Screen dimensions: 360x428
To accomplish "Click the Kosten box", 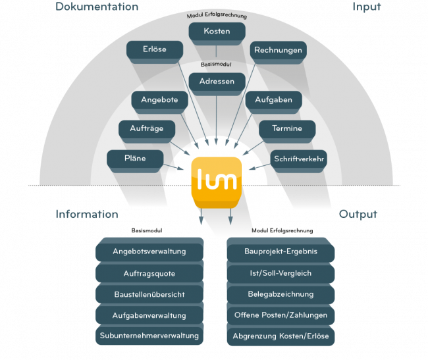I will (216, 32).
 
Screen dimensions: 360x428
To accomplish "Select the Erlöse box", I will (155, 49).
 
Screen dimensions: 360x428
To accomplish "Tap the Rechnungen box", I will (278, 50).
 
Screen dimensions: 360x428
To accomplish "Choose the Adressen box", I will (216, 82).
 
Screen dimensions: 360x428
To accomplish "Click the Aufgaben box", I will (273, 100).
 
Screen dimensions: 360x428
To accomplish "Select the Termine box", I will (286, 128).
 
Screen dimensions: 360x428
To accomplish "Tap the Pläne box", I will (135, 158).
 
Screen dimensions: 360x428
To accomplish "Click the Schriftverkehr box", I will (298, 158).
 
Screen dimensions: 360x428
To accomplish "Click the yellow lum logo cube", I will (216, 177).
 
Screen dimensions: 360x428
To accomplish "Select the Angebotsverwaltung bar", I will (149, 251).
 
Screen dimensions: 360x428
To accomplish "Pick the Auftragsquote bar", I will (149, 273).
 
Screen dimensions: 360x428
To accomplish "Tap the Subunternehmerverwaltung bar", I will (149, 336).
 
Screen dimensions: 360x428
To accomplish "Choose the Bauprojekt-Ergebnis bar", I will (281, 251).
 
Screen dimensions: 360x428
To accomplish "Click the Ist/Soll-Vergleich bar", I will (281, 273).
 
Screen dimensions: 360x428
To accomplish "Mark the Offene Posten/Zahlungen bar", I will (281, 315).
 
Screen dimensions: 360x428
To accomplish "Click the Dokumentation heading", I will (97, 7).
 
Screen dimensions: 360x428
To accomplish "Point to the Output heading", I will (358, 215).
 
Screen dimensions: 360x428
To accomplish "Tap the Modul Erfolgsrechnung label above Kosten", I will (216, 15).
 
